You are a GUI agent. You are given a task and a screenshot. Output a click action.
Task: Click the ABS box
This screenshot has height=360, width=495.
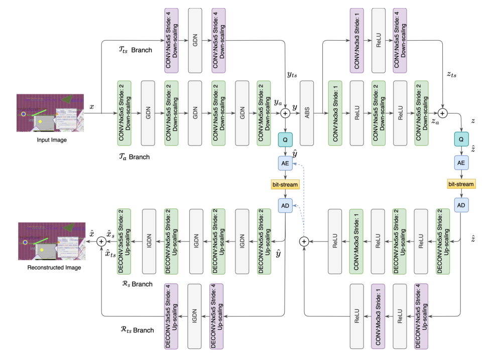(x=306, y=113)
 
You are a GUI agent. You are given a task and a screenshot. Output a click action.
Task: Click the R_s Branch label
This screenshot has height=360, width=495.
(x=137, y=284)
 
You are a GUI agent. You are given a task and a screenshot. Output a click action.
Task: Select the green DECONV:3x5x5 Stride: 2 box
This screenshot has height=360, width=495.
(x=124, y=241)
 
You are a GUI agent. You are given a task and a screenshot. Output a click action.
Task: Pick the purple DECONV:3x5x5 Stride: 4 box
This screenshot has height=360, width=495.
(x=172, y=316)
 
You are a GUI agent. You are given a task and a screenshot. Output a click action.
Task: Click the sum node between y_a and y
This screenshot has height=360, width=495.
(x=286, y=113)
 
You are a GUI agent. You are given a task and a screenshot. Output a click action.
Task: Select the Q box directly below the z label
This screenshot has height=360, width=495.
(x=460, y=139)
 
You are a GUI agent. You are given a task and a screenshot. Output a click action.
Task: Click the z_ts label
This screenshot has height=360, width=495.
(x=451, y=74)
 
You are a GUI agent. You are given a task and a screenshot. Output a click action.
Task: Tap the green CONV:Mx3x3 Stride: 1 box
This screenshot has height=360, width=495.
(x=356, y=242)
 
